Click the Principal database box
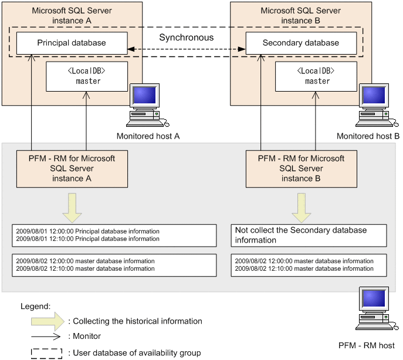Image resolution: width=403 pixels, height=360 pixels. click(x=72, y=43)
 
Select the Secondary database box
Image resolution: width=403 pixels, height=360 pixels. click(x=300, y=43)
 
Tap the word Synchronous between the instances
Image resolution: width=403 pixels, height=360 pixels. click(x=187, y=37)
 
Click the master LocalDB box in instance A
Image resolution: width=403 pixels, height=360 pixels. click(x=87, y=76)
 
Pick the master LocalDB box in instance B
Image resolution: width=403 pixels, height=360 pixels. click(x=317, y=76)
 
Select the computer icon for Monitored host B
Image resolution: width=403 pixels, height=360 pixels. click(x=376, y=106)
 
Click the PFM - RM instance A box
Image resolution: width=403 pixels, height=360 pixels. click(x=72, y=168)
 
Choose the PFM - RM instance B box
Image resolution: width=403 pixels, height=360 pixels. click(x=301, y=168)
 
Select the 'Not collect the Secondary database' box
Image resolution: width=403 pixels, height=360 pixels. click(x=309, y=235)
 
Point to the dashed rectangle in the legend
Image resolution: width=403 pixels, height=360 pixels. click(x=46, y=353)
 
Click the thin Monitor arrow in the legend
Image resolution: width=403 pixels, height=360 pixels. click(x=46, y=337)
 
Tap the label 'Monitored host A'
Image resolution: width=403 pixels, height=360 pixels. click(x=148, y=136)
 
